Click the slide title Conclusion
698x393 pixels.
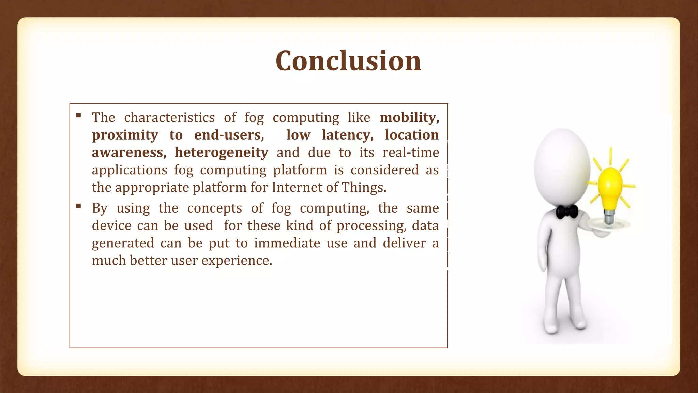tap(348, 61)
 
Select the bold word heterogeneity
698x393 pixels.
tap(222, 152)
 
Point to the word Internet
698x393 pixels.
tap(294, 188)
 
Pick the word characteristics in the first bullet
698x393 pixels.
tap(169, 118)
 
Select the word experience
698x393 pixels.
tap(237, 261)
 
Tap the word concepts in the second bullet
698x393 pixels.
tap(214, 208)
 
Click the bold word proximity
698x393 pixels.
tap(125, 135)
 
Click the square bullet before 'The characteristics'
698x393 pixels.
tap(79, 115)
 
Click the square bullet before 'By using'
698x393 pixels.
tap(79, 206)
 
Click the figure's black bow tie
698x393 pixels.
tap(567, 212)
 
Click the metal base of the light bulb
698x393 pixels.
tap(609, 217)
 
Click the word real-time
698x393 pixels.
tap(411, 152)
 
